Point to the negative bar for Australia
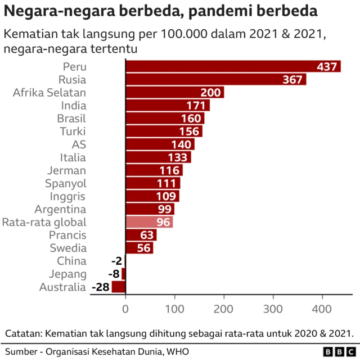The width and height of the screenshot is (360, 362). click(119, 287)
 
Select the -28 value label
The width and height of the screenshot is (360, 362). click(100, 287)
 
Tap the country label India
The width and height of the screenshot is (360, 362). click(73, 105)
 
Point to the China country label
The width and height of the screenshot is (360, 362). click(72, 261)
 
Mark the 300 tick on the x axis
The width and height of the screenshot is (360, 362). click(273, 308)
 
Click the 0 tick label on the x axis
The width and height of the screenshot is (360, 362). click(125, 308)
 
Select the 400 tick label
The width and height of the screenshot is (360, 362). click(322, 308)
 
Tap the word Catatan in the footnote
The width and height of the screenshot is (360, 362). click(25, 333)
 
